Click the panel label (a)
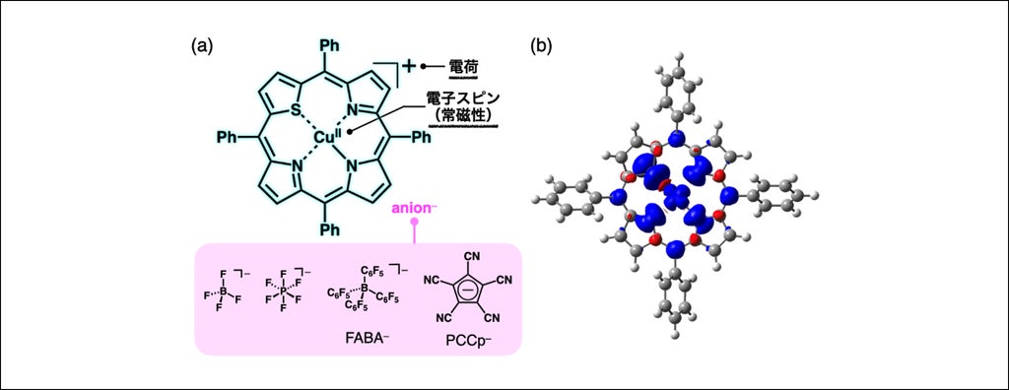(203, 47)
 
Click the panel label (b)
(541, 47)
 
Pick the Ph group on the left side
(227, 137)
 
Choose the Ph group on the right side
(421, 137)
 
